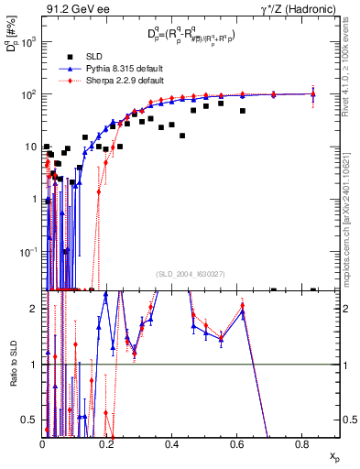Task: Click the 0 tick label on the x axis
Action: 42,444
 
